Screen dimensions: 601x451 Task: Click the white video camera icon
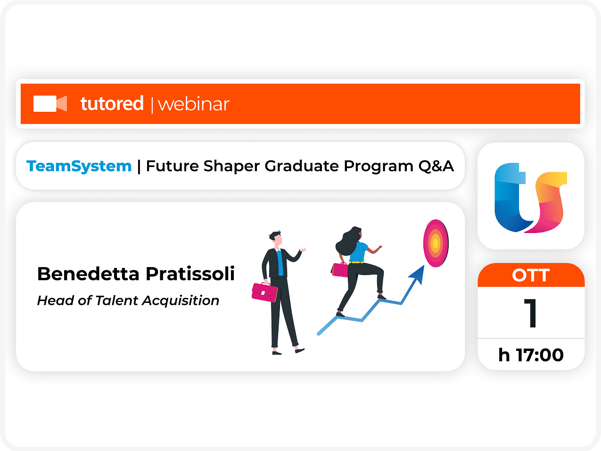click(x=50, y=104)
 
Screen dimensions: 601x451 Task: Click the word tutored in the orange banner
click(x=112, y=104)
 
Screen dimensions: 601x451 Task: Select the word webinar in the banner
click(x=194, y=104)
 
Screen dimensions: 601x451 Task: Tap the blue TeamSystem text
click(x=79, y=167)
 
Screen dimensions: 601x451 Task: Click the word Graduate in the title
click(x=302, y=166)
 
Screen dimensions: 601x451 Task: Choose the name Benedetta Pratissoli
click(x=136, y=274)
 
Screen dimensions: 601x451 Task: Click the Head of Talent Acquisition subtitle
click(x=128, y=301)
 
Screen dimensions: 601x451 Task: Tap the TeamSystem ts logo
click(x=530, y=198)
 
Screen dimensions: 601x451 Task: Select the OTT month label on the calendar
click(x=531, y=275)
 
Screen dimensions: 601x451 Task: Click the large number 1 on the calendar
click(x=531, y=313)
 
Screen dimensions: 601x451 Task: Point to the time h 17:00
click(x=531, y=355)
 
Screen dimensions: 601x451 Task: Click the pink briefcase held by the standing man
click(x=264, y=292)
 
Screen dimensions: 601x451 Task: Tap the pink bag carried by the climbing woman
click(x=339, y=270)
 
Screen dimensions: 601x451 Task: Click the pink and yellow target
click(x=436, y=243)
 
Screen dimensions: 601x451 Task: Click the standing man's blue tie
click(x=280, y=263)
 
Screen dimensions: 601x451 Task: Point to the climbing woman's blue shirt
click(x=358, y=252)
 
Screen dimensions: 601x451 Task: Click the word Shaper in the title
click(x=231, y=167)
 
